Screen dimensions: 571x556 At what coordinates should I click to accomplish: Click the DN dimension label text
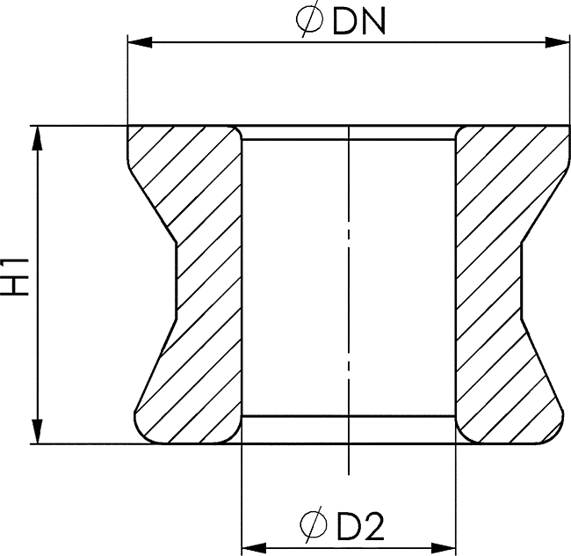359,22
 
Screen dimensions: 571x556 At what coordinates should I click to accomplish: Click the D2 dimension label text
360,526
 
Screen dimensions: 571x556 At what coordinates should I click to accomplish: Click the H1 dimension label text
15,277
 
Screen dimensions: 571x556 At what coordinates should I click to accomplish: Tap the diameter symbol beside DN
309,19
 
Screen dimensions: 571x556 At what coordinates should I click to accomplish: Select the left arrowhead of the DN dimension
140,42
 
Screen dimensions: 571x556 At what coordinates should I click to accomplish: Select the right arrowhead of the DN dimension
557,42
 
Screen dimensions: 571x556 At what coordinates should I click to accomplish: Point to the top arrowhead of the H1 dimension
37,138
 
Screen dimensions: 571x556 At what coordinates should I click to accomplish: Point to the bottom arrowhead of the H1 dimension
37,431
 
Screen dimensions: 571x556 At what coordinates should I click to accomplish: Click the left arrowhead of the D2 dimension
254,547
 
